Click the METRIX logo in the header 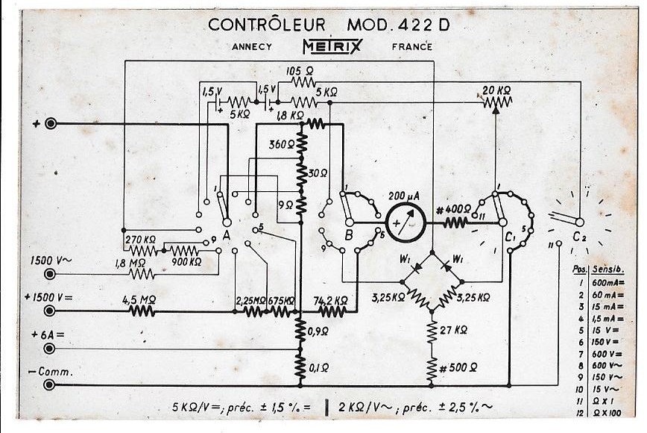[x=332, y=47]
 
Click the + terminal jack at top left [x=51, y=124]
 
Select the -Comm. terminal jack [x=51, y=385]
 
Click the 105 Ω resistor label [x=300, y=70]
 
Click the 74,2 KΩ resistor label [x=331, y=300]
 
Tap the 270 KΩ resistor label [x=140, y=239]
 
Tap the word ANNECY [x=252, y=47]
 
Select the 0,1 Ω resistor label [x=319, y=368]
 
